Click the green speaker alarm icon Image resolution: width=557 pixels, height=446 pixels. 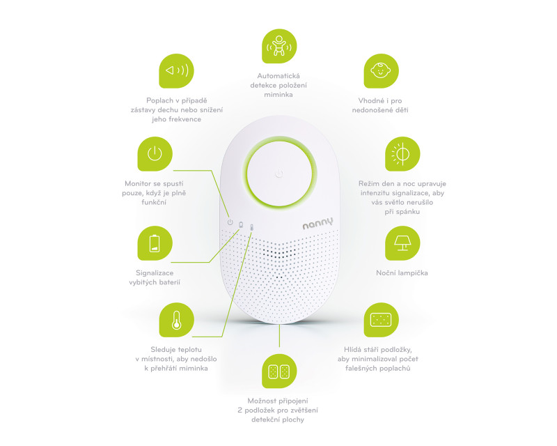pyautogui.click(x=176, y=71)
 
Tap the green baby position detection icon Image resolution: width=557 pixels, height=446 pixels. pyautogui.click(x=279, y=46)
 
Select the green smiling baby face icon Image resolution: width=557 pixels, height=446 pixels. pyautogui.click(x=381, y=71)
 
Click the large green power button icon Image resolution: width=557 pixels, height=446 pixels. pyautogui.click(x=155, y=153)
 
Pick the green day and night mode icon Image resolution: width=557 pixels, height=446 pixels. pyautogui.click(x=402, y=153)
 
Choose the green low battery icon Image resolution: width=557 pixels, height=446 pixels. pyautogui.click(x=155, y=243)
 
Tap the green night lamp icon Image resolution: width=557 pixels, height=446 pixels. pyautogui.click(x=402, y=243)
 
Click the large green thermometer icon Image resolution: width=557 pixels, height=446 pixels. pyautogui.click(x=176, y=320)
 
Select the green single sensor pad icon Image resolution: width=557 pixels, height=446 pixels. pyautogui.click(x=381, y=320)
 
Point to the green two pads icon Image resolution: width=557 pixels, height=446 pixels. pyautogui.click(x=279, y=371)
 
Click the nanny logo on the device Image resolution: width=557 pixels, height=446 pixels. pyautogui.click(x=318, y=224)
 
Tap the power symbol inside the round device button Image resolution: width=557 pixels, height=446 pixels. pyautogui.click(x=279, y=174)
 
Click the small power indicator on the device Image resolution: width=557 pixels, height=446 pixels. pyautogui.click(x=230, y=222)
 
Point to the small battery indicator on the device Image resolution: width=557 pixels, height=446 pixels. pyautogui.click(x=241, y=225)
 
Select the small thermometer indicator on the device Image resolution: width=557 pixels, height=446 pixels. pyautogui.click(x=251, y=227)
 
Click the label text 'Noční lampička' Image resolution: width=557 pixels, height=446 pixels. pyautogui.click(x=402, y=272)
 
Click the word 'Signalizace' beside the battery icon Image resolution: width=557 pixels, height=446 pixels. pyautogui.click(x=155, y=272)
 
